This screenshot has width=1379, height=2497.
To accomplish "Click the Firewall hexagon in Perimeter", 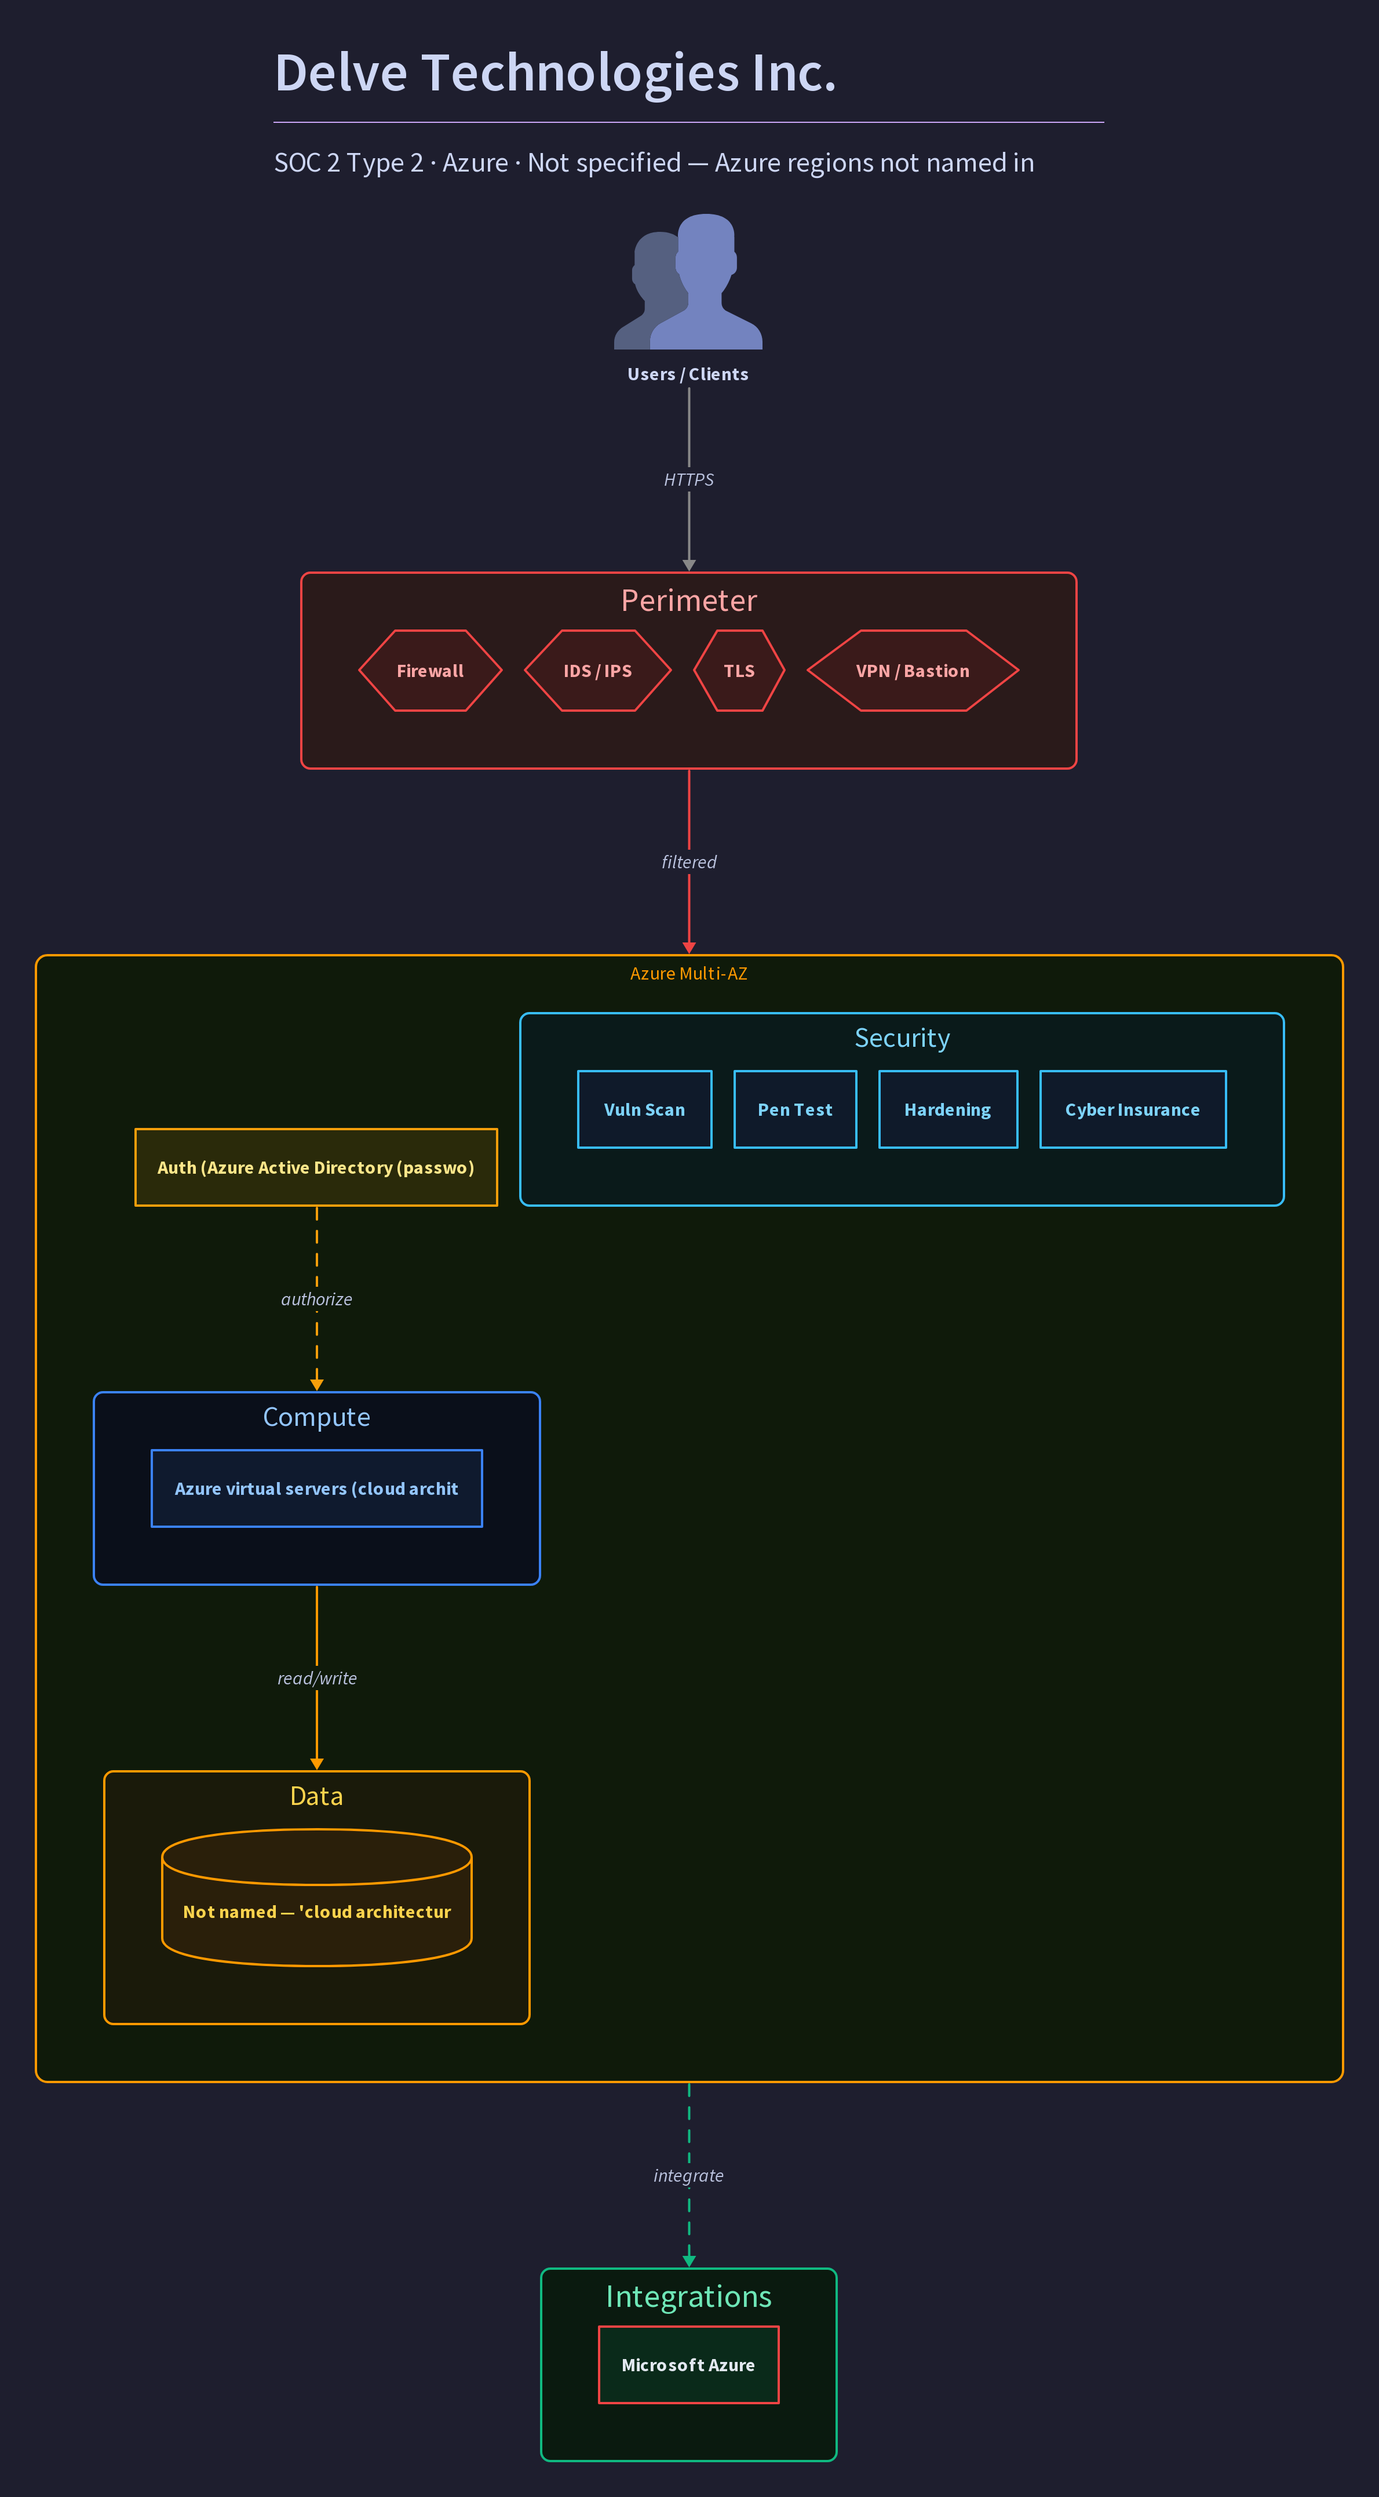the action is [431, 671].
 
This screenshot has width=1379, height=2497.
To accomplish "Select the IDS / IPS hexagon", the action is [598, 671].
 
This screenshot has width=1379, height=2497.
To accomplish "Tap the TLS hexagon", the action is [739, 671].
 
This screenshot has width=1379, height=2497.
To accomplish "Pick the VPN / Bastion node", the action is [913, 671].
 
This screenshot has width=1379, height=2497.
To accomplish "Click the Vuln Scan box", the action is [644, 1110].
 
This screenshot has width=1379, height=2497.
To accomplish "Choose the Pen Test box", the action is [796, 1110].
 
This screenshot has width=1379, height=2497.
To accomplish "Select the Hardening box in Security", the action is [948, 1110].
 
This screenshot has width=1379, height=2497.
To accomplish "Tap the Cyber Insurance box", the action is [1133, 1110].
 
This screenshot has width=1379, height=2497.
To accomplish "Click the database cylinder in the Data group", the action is [317, 1897].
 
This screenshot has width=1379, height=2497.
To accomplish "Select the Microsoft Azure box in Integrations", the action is [689, 2365].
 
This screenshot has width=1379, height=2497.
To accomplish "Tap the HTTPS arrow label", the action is [689, 480].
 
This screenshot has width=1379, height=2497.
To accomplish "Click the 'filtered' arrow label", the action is [689, 862].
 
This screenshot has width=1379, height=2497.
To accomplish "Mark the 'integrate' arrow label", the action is [689, 2175].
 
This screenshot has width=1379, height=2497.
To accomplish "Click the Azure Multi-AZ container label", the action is [689, 973].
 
